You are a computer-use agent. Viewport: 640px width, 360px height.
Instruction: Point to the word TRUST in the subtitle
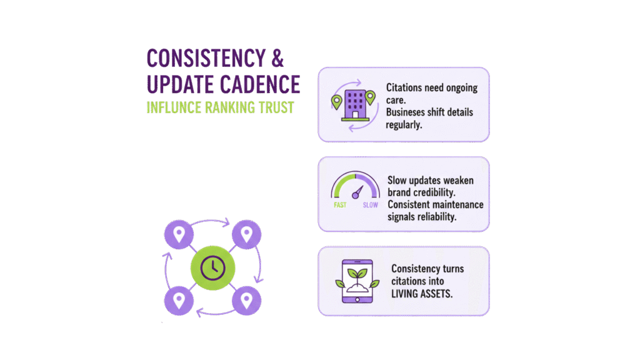coord(276,107)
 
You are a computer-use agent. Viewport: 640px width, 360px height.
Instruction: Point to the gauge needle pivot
coord(355,195)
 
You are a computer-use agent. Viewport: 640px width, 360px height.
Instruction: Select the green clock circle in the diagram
coord(213,267)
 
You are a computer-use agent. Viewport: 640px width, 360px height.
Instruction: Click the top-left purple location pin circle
coord(179,235)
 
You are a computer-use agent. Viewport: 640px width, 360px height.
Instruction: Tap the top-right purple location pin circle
coord(246,235)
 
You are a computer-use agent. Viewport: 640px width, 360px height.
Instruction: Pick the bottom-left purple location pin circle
coord(179,301)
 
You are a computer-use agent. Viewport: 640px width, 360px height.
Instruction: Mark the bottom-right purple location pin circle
coord(246,301)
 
